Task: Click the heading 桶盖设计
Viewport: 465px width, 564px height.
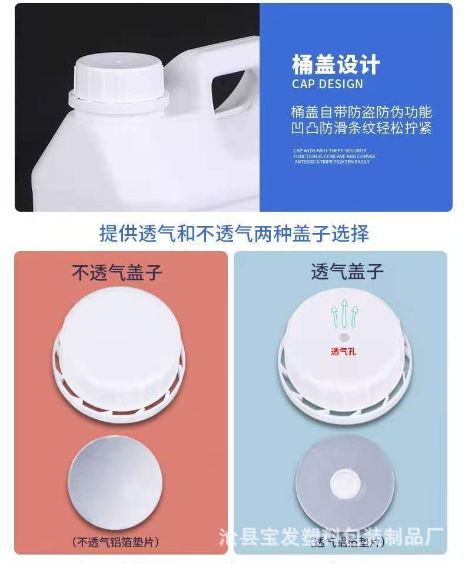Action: [336, 64]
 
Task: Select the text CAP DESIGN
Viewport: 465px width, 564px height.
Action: [327, 84]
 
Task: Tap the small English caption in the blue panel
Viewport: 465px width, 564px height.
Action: [334, 156]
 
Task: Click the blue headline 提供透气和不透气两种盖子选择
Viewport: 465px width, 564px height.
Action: [234, 233]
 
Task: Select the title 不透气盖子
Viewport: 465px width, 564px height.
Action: [117, 272]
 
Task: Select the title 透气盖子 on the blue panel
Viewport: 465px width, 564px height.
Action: [347, 271]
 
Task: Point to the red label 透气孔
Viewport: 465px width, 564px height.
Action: [343, 352]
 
